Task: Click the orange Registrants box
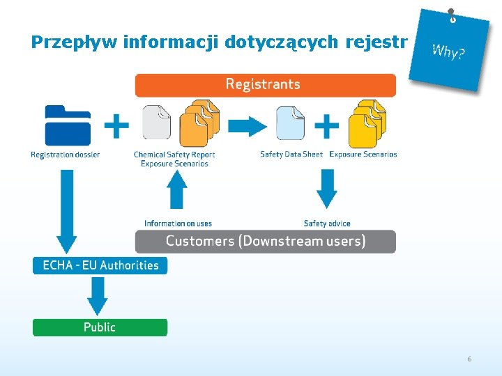[265, 85]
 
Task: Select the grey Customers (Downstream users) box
[265, 242]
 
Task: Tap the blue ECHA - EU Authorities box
[100, 265]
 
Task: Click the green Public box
[100, 327]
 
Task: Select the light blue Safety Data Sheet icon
[290, 123]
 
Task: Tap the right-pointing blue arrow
[248, 126]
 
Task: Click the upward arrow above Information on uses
[178, 189]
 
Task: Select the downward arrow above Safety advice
[326, 189]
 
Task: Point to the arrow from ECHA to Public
[98, 296]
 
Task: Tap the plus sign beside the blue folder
[116, 125]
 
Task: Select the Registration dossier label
[66, 155]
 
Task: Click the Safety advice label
[327, 224]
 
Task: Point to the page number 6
[469, 359]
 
